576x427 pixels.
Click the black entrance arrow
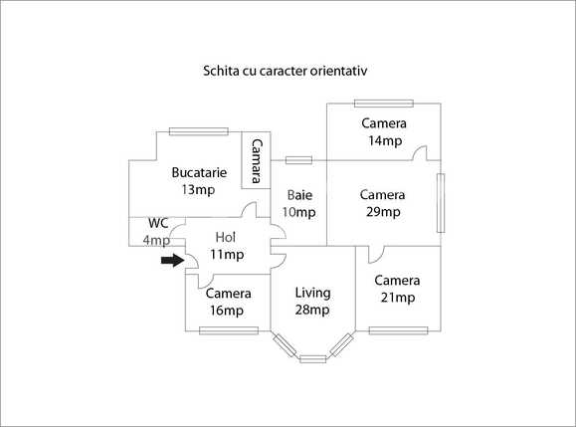point(173,260)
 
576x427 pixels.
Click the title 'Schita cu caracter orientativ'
point(286,71)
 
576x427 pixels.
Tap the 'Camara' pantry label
point(257,160)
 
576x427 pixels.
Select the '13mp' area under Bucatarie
point(198,190)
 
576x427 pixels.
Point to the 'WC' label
point(158,223)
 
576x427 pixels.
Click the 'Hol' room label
point(225,237)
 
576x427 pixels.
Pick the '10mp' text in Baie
point(299,212)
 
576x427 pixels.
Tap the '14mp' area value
point(385,140)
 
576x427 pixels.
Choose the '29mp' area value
point(383,212)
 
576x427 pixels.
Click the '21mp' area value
point(398,297)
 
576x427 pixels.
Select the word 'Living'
point(312,293)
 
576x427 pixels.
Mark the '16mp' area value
point(227,311)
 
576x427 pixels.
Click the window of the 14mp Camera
point(384,104)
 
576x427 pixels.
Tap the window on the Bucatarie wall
point(199,131)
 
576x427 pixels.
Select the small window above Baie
point(299,160)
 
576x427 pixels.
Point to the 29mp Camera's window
point(441,203)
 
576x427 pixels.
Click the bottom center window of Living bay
point(313,359)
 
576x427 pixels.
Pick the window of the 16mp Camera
point(229,330)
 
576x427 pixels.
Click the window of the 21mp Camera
point(399,330)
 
